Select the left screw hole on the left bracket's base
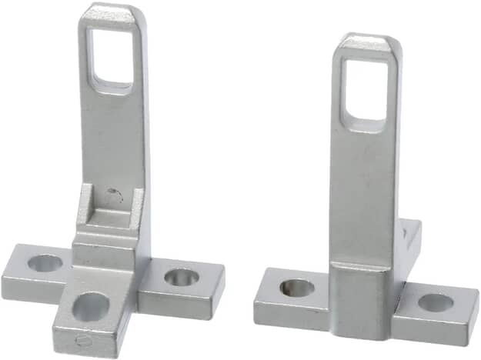45,263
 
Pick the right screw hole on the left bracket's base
181,276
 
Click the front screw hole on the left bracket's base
90,306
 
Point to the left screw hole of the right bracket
296,288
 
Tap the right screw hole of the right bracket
436,302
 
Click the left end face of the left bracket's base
15,287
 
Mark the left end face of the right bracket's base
266,297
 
